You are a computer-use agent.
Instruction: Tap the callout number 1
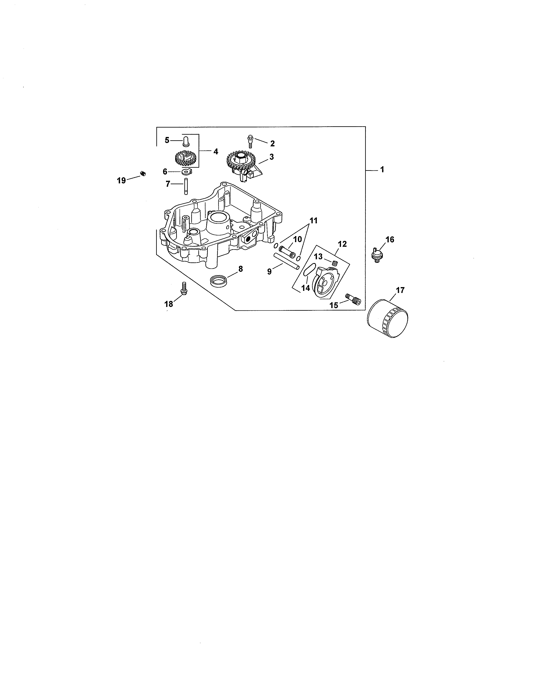point(382,170)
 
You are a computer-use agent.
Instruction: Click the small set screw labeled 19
point(143,173)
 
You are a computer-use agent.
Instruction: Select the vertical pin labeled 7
point(186,187)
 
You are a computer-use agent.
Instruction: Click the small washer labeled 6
point(187,172)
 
